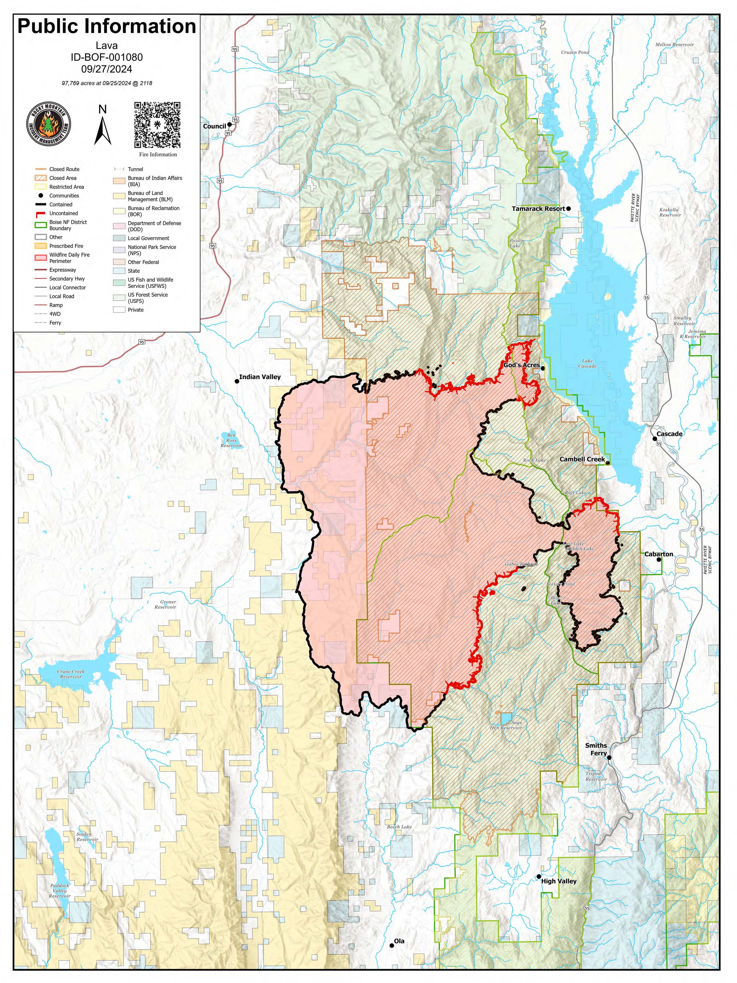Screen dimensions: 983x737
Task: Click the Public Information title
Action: point(107,27)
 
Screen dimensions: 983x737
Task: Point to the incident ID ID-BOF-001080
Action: point(107,57)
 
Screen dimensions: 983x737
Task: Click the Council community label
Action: point(215,126)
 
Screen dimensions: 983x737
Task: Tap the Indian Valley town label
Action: point(260,377)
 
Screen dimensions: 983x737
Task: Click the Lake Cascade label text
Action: point(587,363)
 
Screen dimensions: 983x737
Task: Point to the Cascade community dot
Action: point(654,439)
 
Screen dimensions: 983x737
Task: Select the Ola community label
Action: point(399,941)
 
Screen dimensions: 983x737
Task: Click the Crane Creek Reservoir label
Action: point(71,674)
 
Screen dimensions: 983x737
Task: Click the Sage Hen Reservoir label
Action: point(506,725)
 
